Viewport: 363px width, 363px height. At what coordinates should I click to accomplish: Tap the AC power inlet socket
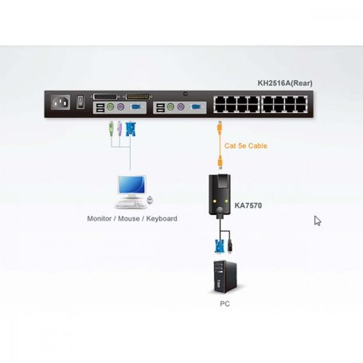(60, 103)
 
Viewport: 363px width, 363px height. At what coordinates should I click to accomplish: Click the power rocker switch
(80, 102)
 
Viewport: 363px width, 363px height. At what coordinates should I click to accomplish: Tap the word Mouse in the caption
(131, 218)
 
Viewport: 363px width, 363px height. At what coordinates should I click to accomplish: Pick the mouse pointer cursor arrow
(318, 221)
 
